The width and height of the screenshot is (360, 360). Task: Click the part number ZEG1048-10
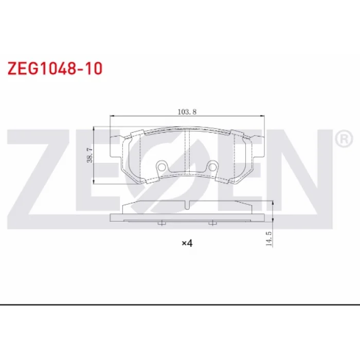(x=55, y=68)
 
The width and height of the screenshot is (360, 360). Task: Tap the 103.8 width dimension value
(x=187, y=112)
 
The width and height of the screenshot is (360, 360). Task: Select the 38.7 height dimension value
(x=89, y=155)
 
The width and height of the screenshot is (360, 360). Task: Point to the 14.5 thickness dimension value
(x=268, y=239)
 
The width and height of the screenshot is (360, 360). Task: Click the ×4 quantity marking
(x=187, y=243)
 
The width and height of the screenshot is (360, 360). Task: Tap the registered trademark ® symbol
(x=344, y=138)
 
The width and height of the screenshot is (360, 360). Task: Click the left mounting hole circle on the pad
(x=161, y=167)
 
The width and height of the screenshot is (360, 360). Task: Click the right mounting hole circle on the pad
(x=213, y=167)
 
